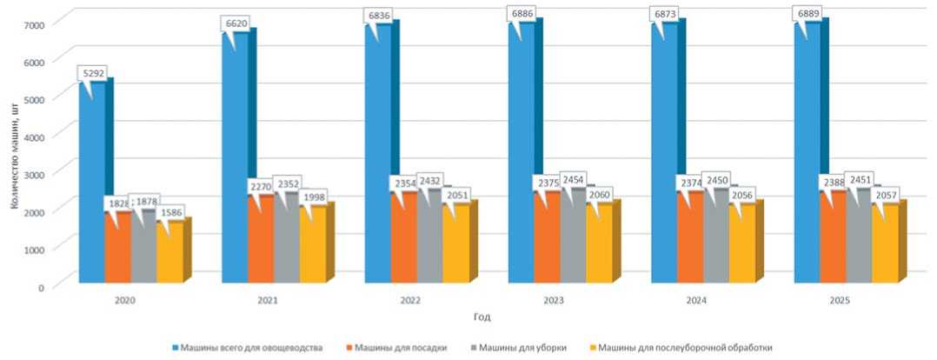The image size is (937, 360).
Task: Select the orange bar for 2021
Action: pos(261,243)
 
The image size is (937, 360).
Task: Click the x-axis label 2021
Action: pos(268,300)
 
